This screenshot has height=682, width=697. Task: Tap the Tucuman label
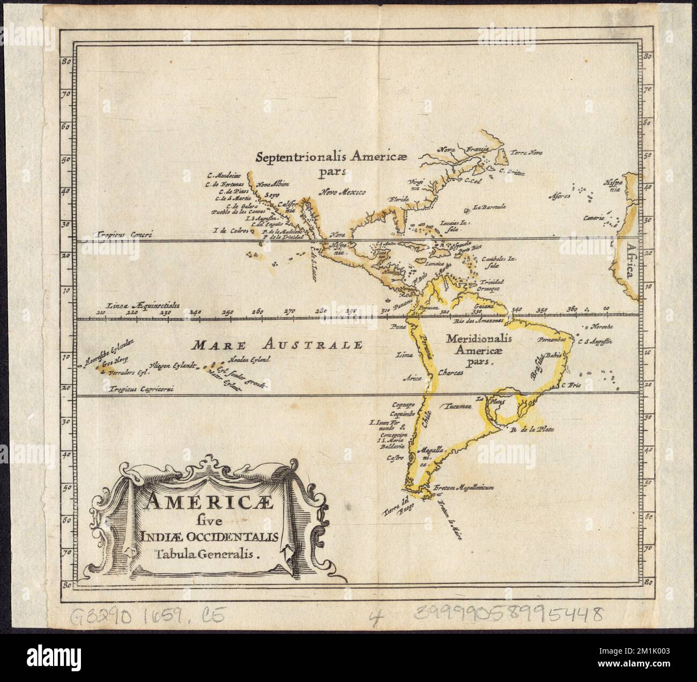[455, 406]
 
